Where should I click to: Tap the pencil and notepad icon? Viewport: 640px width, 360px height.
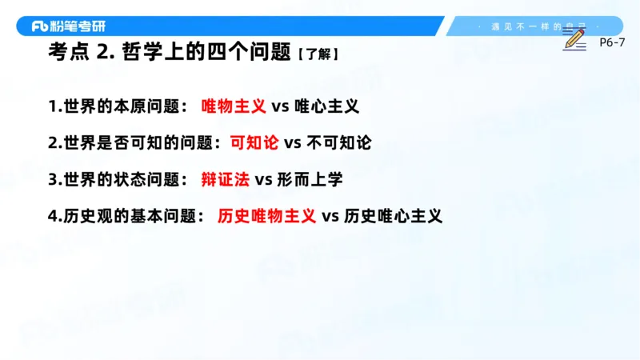coord(574,37)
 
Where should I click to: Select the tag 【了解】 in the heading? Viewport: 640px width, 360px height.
coord(317,55)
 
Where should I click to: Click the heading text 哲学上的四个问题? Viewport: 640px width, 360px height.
coord(204,54)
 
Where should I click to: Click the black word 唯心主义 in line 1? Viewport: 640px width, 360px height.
coord(326,106)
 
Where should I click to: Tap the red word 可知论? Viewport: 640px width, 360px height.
coord(254,142)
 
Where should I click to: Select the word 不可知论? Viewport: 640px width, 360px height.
coord(339,142)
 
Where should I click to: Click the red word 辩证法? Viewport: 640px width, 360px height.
coord(225,179)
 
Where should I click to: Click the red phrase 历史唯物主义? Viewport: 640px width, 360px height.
coord(266,216)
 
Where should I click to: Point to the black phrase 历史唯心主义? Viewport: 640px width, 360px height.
coord(393,216)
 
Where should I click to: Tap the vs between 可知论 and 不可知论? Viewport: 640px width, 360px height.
coord(292,142)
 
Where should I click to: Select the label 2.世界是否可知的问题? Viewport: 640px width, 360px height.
coord(134,142)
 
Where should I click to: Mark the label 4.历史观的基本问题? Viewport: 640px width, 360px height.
coord(126,216)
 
